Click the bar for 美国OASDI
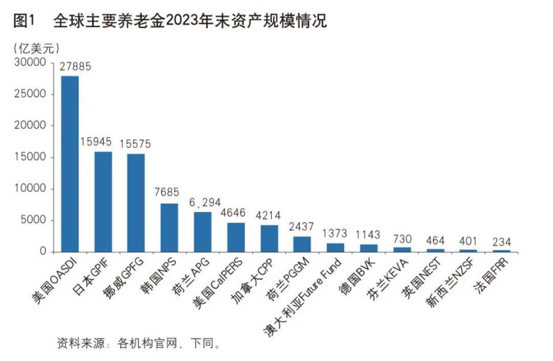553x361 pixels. click(70, 164)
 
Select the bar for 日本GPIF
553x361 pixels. click(103, 202)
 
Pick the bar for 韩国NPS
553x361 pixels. click(169, 227)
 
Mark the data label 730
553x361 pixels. click(403, 238)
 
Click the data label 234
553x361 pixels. click(502, 241)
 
